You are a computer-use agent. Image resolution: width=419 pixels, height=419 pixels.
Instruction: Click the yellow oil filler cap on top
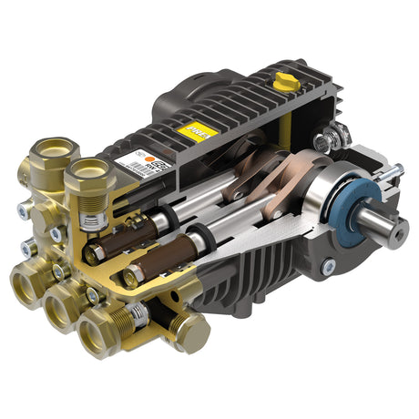tap(288, 83)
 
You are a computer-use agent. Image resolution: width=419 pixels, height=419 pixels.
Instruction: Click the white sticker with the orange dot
tap(149, 168)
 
